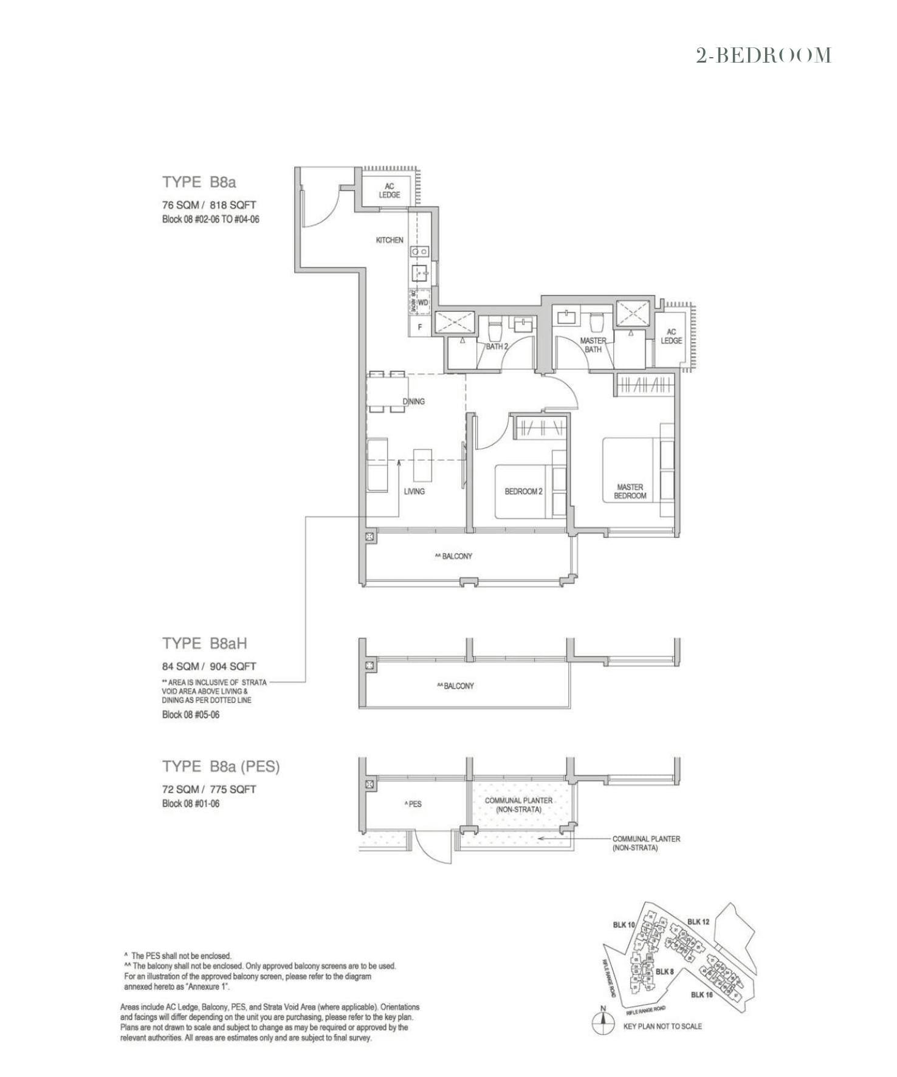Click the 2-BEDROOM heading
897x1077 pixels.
tap(763, 56)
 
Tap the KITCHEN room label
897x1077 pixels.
tap(389, 240)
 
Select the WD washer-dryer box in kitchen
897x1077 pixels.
tap(423, 302)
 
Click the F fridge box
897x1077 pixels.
tap(419, 327)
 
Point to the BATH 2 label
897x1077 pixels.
tap(497, 346)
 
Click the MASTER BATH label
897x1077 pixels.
tap(593, 345)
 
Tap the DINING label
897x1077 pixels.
tap(413, 401)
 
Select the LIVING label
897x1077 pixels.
tap(414, 491)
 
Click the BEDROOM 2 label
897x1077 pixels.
tap(523, 491)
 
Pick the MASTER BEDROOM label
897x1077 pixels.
tap(630, 491)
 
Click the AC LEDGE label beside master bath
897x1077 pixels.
tap(671, 336)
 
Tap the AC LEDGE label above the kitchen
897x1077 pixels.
tap(389, 190)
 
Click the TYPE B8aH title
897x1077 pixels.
tap(204, 643)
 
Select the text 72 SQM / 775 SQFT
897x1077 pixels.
tap(209, 790)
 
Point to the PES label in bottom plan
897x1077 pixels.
tap(413, 803)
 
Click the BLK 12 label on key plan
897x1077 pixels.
tap(698, 921)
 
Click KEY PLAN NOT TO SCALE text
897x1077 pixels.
tap(662, 1026)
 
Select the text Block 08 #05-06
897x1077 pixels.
tap(190, 715)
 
